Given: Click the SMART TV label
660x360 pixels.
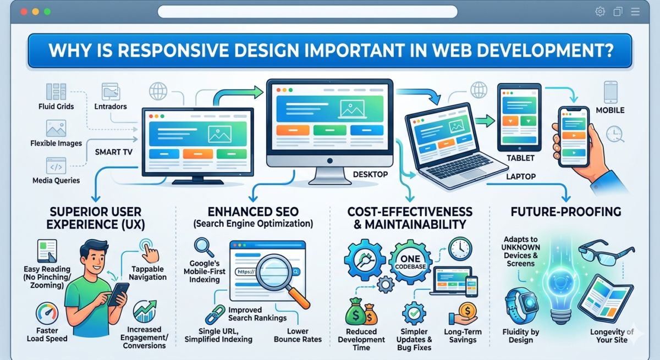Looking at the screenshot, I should (114, 152).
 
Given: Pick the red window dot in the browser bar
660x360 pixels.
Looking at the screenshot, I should (23, 12).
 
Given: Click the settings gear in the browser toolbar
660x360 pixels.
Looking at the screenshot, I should (599, 12).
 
